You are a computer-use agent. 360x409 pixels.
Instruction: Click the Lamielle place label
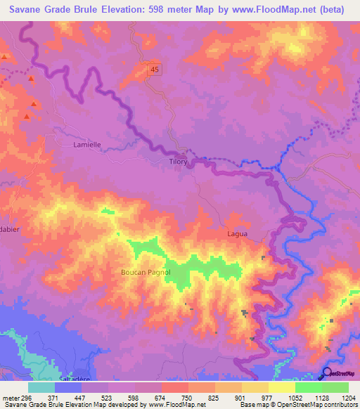pyautogui.click(x=87, y=144)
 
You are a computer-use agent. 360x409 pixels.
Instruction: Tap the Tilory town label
pyautogui.click(x=177, y=162)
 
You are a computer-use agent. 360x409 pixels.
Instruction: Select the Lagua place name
pyautogui.click(x=237, y=234)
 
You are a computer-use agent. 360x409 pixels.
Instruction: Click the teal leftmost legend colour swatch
pyautogui.click(x=41, y=387)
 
